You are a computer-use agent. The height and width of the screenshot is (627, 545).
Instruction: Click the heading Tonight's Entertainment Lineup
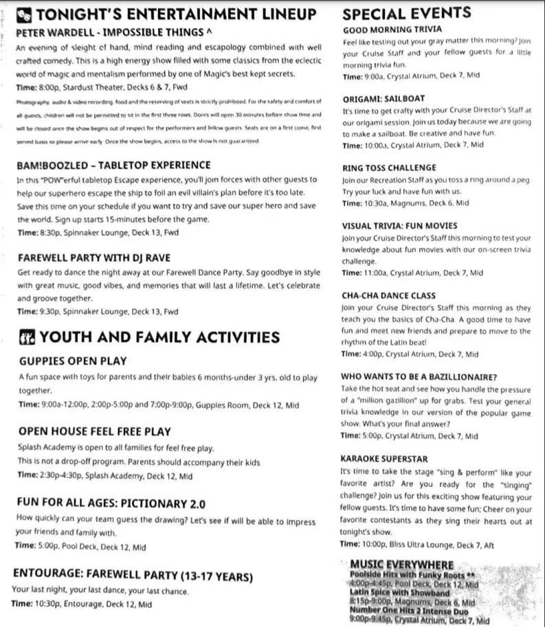coord(176,14)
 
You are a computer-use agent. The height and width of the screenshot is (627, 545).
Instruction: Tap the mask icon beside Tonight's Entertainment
coord(24,14)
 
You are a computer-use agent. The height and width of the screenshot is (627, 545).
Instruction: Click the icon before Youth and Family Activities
coord(27,337)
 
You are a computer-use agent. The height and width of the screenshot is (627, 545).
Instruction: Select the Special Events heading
coord(406,13)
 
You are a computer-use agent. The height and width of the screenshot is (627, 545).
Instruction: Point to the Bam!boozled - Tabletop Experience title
coord(113,166)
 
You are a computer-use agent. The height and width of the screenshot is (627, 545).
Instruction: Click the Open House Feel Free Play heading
coord(94,432)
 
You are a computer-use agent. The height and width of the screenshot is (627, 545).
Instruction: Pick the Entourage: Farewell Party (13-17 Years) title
coord(133,575)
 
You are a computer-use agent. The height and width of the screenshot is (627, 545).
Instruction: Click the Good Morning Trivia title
coord(392,30)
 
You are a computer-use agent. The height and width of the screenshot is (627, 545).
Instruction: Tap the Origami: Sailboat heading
coord(383,98)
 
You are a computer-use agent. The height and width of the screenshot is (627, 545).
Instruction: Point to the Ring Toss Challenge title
coord(389,168)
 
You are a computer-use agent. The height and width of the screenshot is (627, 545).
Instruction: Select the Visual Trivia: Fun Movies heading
coord(399,225)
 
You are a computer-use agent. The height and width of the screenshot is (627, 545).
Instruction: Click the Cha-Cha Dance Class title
coord(389,296)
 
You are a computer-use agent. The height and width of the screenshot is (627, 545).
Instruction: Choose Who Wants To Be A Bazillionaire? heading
coord(419,377)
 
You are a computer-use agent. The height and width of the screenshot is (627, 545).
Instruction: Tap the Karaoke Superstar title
coord(384,459)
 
